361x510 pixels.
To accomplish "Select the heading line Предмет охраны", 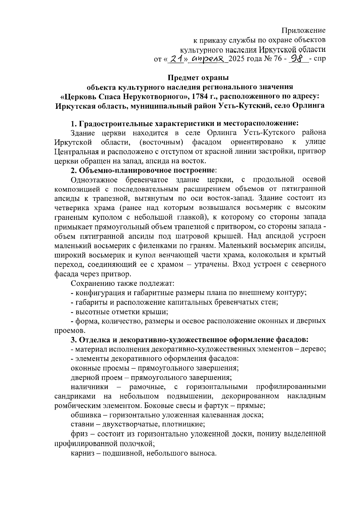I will [x=198, y=78].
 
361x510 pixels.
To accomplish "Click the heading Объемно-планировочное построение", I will [x=147, y=170].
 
